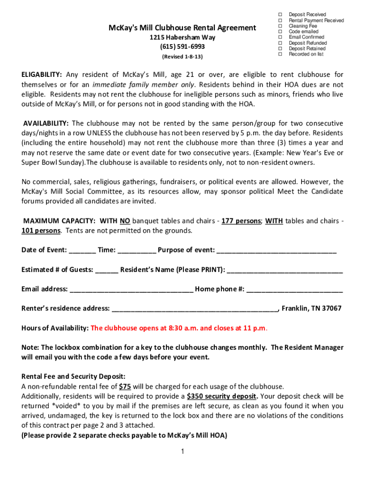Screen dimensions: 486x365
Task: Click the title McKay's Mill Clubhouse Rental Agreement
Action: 182,28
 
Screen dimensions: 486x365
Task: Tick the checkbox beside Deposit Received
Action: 280,15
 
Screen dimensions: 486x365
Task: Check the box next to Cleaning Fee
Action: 280,26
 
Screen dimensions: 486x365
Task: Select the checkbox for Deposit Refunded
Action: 280,43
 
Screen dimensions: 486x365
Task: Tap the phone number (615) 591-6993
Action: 182,47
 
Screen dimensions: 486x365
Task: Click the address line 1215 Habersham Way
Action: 182,37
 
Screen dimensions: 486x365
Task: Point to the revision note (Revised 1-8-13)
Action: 182,56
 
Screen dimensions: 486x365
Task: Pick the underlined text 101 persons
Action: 41,231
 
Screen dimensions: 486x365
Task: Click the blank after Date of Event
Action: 84,251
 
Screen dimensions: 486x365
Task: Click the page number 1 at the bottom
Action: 182,451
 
